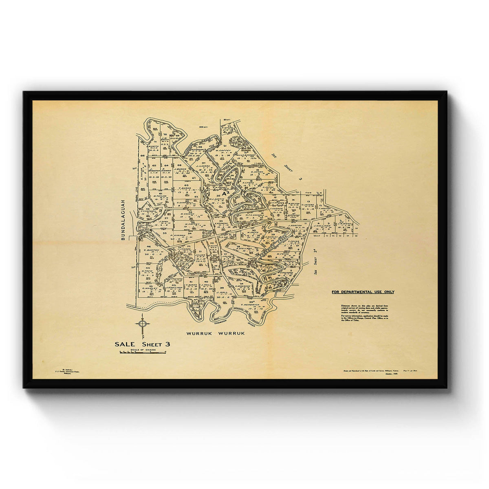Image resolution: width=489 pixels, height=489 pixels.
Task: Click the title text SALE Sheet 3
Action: point(142,344)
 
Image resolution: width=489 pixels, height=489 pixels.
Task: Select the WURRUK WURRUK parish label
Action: point(216,333)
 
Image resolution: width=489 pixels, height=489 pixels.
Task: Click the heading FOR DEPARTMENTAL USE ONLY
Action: point(362,292)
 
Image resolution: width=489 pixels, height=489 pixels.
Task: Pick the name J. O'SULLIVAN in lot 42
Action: point(173,288)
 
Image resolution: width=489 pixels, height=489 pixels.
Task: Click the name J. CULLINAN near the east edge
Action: point(322,225)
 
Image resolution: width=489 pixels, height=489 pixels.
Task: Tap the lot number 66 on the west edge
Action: point(143,155)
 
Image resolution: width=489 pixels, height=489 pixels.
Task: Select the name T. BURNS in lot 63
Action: point(185,188)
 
